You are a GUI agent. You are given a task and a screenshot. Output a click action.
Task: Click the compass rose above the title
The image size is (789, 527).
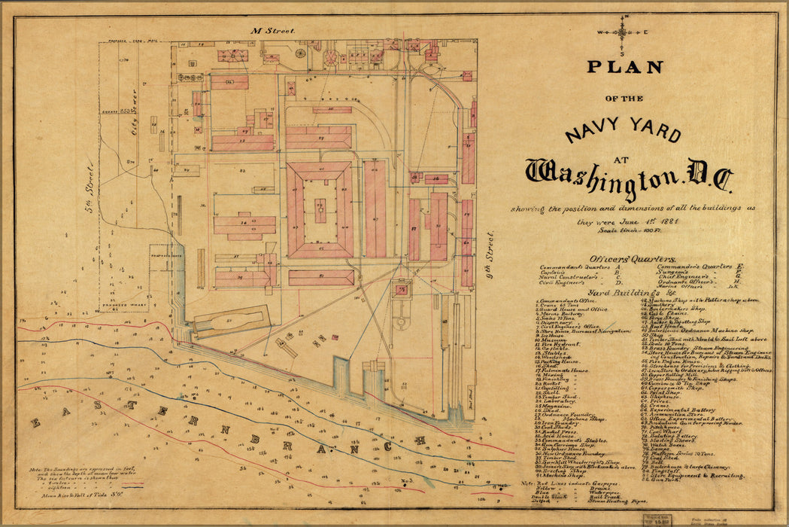coord(623,32)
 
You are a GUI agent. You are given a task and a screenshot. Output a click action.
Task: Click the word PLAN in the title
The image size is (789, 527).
coord(624,68)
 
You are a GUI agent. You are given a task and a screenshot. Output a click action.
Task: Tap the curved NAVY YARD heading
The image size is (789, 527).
coord(623,129)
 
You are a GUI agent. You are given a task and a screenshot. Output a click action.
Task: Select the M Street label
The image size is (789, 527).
coord(262,29)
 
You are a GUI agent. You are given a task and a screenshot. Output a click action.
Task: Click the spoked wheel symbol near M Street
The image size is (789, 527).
coord(301,53)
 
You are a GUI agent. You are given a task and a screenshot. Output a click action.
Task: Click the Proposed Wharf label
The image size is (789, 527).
coord(113,306)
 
